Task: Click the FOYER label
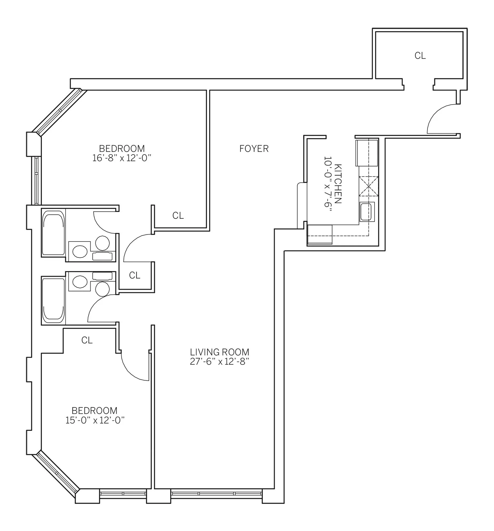[254, 149]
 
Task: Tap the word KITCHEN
[338, 184]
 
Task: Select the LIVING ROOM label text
[220, 352]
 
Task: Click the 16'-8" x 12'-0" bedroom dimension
[122, 158]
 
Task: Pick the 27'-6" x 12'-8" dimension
[220, 362]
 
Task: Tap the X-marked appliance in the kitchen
[369, 186]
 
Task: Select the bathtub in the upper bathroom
[53, 233]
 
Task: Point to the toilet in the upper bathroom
[79, 251]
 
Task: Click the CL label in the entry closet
[420, 56]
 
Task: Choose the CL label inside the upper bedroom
[178, 216]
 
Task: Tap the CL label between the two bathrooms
[135, 275]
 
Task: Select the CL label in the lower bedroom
[87, 340]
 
